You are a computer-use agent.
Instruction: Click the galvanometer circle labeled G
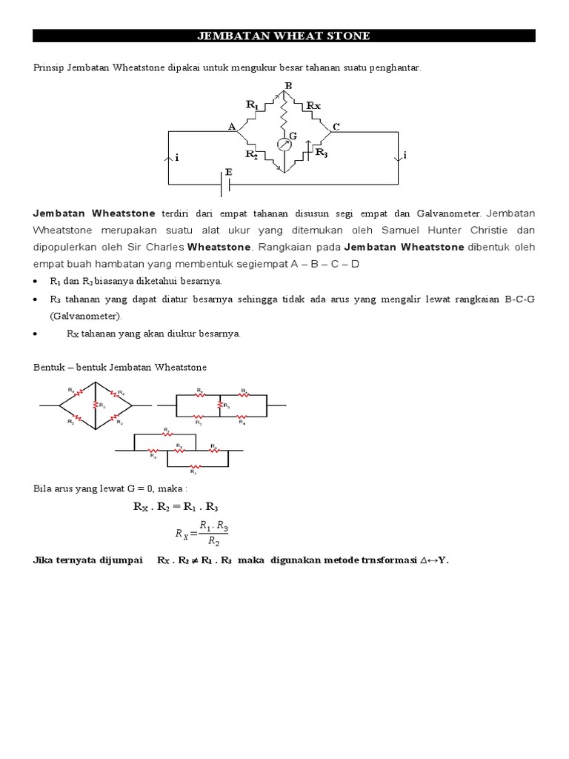(283, 144)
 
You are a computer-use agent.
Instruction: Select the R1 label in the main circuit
(253, 105)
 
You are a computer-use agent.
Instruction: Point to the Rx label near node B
(314, 106)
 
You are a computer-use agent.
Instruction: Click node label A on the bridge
(231, 127)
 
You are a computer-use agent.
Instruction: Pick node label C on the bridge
(336, 127)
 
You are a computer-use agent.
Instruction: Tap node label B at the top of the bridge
(288, 86)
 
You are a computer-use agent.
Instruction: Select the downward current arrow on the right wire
(399, 156)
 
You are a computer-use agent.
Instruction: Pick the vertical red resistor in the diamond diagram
(96, 405)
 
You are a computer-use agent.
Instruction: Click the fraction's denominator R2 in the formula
(213, 543)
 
